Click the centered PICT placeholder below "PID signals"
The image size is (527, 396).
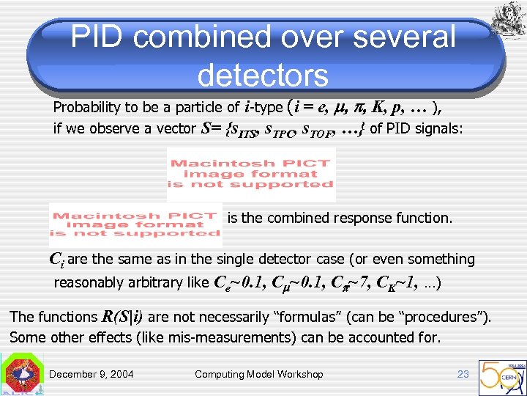(251, 174)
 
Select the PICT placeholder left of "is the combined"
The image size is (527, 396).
(135, 224)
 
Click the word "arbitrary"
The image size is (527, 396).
(162, 283)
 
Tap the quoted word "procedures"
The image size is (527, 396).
(449, 317)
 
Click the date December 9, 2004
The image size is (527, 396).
(91, 374)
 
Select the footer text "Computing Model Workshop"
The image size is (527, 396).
(258, 374)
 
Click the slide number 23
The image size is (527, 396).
(463, 374)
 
